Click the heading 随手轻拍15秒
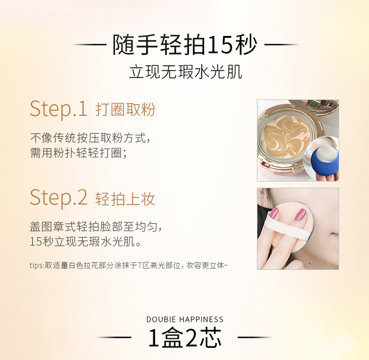184,44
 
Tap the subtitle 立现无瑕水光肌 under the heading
186,72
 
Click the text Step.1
59,109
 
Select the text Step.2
59,197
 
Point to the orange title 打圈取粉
125,110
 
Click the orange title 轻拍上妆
125,199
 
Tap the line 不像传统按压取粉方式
90,138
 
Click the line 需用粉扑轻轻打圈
78,153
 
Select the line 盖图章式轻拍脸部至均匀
96,227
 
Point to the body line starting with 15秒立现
85,242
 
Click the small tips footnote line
129,265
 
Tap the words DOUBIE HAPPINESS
185,319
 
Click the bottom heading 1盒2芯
185,338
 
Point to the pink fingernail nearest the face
300,214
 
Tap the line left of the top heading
89,44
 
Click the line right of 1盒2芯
256,337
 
